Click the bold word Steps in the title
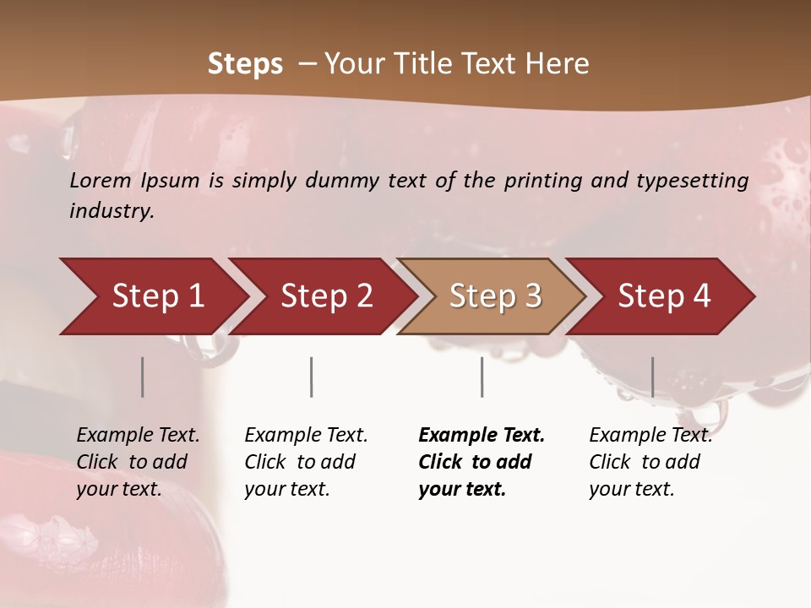click(245, 64)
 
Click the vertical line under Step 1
click(143, 377)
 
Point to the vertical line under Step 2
click(312, 377)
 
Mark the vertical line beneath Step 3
click(482, 377)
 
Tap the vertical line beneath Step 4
click(652, 377)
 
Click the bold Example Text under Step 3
click(482, 462)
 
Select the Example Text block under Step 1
click(138, 462)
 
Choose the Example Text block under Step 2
click(306, 462)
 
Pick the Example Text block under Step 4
click(650, 462)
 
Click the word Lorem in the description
click(101, 181)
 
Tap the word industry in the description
click(111, 211)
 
